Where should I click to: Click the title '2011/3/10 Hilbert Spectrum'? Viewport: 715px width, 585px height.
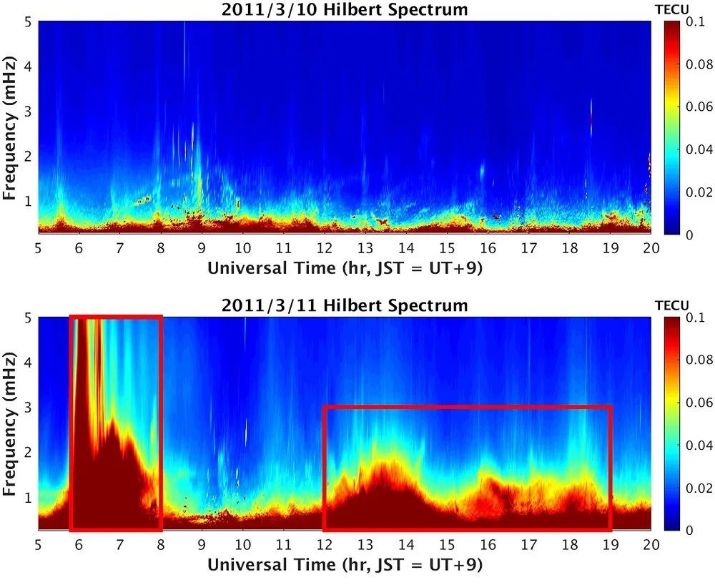click(x=345, y=10)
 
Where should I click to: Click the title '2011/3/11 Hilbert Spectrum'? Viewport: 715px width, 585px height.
click(x=345, y=306)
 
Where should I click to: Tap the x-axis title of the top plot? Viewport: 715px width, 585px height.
click(x=345, y=268)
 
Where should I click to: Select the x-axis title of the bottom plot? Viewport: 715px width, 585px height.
click(x=345, y=564)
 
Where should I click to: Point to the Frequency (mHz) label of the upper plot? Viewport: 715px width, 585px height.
click(x=10, y=127)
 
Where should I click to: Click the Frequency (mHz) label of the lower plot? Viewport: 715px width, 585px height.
click(x=10, y=423)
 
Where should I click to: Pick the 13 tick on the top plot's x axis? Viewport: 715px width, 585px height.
click(x=365, y=247)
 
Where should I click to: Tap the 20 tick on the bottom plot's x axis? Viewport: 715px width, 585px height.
click(x=651, y=544)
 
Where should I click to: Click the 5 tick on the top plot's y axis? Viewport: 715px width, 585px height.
click(x=27, y=21)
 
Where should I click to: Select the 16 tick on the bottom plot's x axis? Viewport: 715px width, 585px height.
click(x=488, y=544)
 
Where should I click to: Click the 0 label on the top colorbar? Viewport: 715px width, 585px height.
click(x=689, y=234)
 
